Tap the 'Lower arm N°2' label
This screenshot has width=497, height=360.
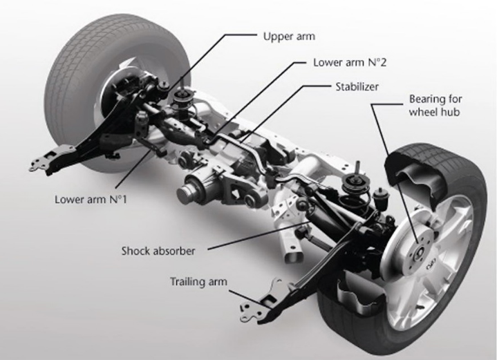pos(348,61)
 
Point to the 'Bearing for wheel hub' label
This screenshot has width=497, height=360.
pos(434,104)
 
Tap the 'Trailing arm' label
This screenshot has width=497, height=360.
pos(198,281)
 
